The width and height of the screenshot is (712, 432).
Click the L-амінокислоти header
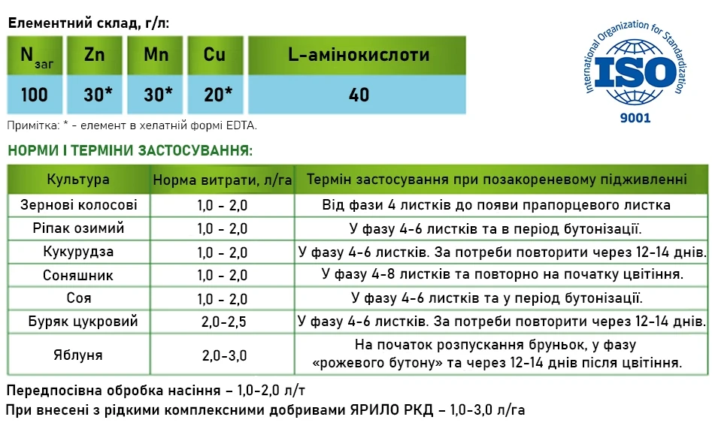(x=359, y=56)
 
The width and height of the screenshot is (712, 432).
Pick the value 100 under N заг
(x=34, y=95)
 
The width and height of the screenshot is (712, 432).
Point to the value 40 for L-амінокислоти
(x=359, y=95)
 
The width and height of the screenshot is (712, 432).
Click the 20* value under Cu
(x=218, y=95)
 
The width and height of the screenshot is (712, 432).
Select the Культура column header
(x=78, y=180)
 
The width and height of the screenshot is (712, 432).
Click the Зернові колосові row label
(x=79, y=204)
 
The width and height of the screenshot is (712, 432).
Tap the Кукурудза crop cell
(x=79, y=251)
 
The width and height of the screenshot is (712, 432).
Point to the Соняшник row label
(x=78, y=274)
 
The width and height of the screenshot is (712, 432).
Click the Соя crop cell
(x=78, y=298)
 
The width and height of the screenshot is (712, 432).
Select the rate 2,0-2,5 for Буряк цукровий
(x=223, y=322)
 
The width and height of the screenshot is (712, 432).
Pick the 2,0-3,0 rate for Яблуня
(x=223, y=355)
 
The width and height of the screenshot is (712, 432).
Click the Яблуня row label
(x=78, y=355)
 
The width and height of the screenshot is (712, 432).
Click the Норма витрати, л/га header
(x=222, y=180)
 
